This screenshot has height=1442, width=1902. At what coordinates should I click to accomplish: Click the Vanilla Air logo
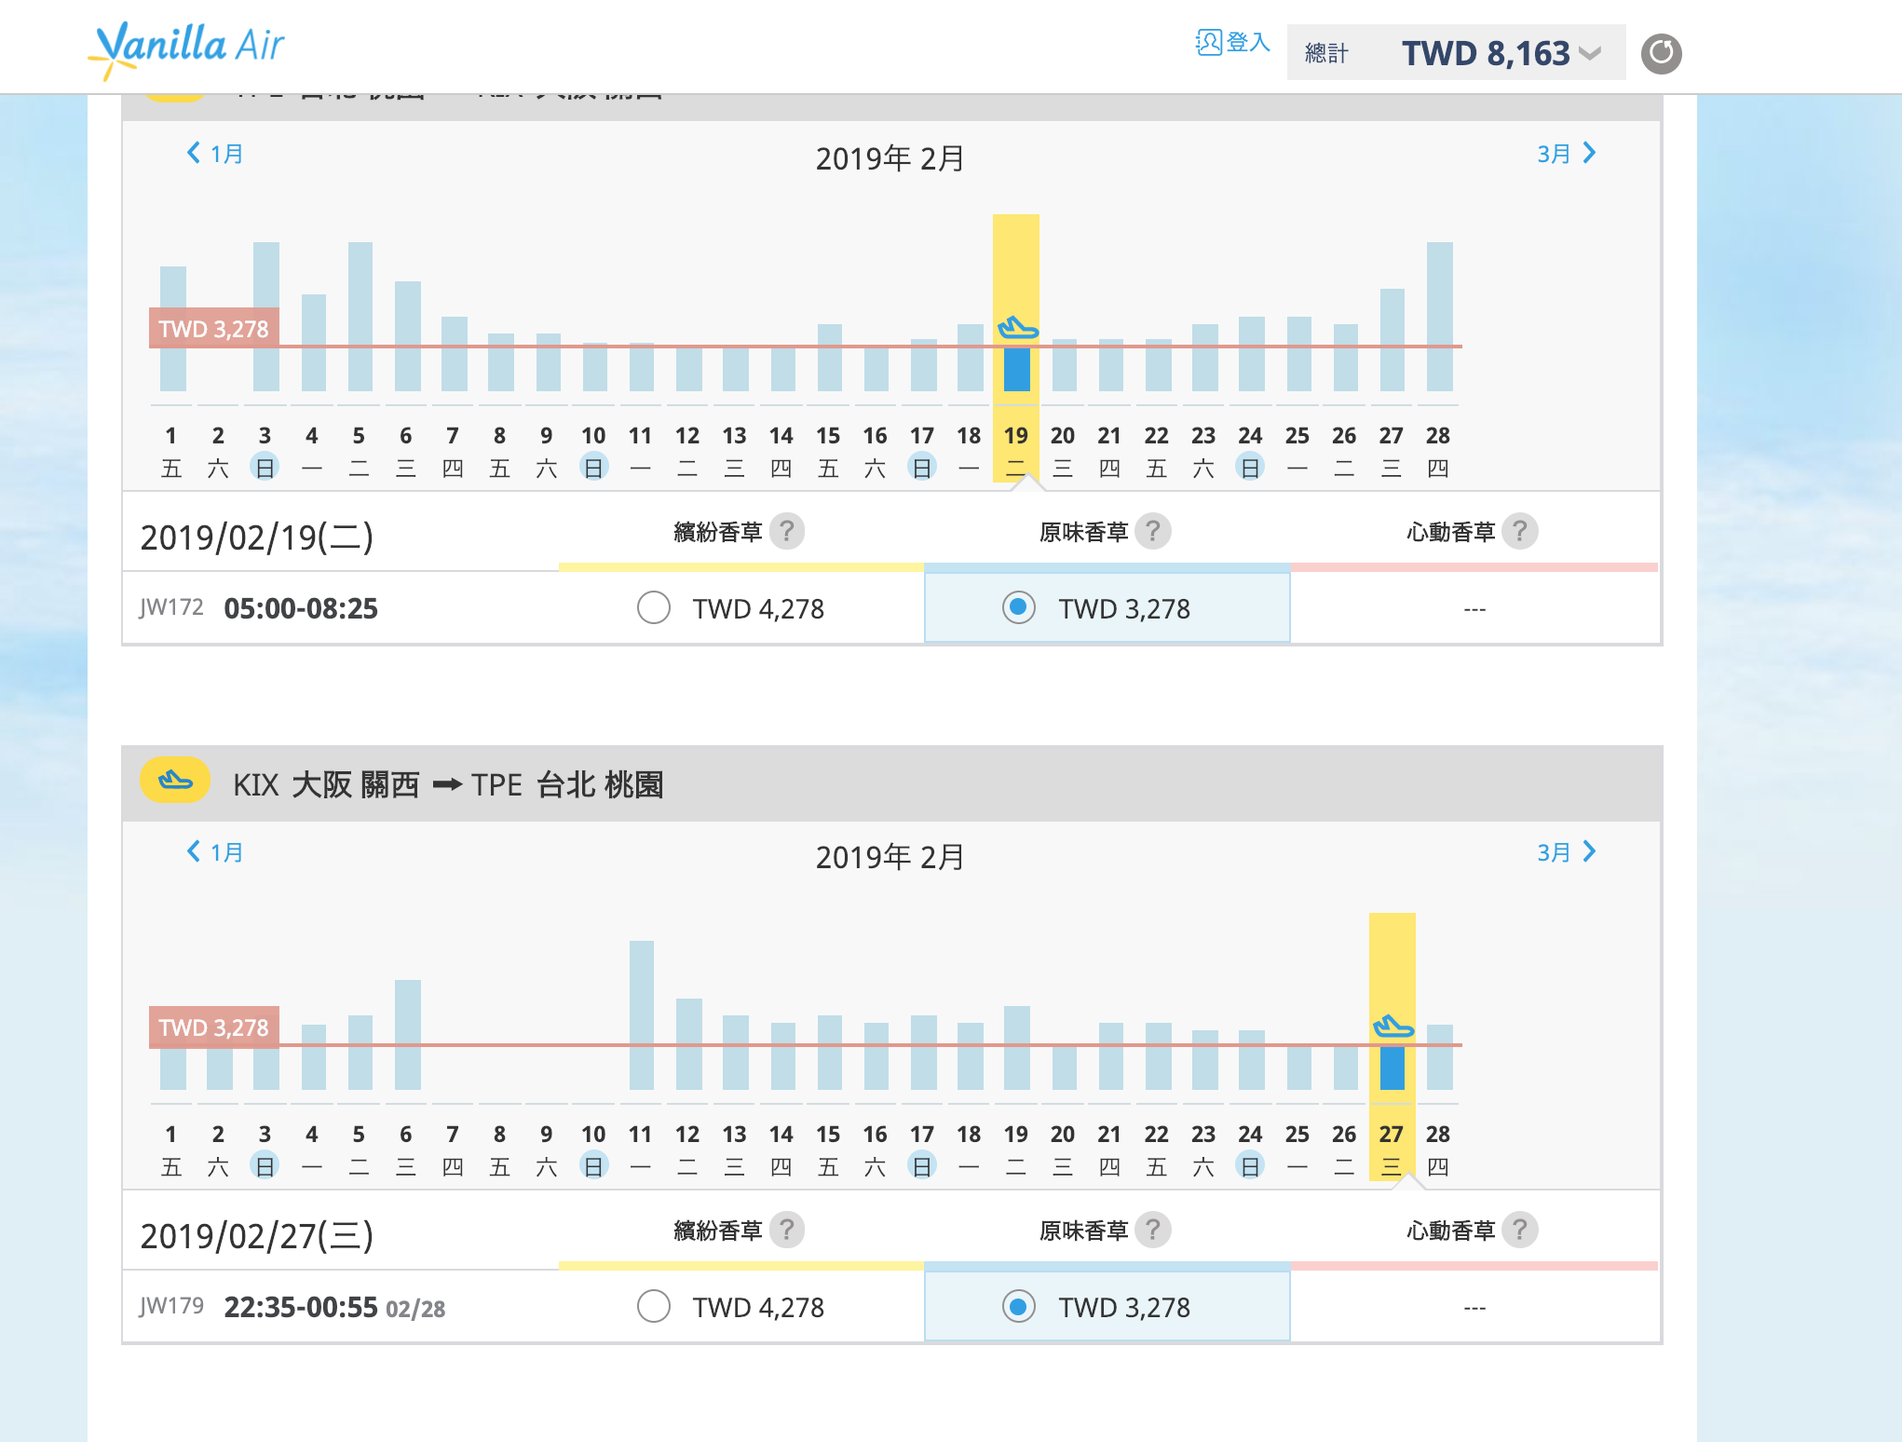click(x=186, y=48)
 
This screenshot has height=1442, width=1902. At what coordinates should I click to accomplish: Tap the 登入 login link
click(x=1233, y=43)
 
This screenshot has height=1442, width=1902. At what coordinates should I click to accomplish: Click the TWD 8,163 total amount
click(x=1486, y=54)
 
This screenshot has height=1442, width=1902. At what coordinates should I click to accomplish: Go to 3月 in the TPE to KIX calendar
click(x=1566, y=154)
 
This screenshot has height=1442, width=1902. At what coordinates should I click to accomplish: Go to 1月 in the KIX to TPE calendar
click(x=215, y=852)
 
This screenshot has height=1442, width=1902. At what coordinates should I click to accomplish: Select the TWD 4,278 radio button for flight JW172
click(x=654, y=608)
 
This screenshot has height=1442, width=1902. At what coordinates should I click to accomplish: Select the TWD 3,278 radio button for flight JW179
click(x=1019, y=1307)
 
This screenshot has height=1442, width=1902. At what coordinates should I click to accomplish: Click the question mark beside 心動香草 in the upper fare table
click(x=1520, y=531)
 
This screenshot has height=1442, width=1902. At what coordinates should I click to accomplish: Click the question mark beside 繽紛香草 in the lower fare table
click(x=787, y=1230)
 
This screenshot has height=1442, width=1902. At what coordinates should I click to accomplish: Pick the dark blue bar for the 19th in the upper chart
click(x=1016, y=369)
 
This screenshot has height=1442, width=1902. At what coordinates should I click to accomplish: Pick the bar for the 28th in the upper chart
click(x=1439, y=317)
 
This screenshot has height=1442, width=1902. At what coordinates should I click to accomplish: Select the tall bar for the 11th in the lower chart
click(x=641, y=1015)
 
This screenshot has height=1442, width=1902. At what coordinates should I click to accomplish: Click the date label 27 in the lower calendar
click(x=1391, y=1134)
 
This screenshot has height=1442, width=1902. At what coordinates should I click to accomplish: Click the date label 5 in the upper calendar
click(x=359, y=435)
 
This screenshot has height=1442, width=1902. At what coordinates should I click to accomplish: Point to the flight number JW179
click(x=171, y=1306)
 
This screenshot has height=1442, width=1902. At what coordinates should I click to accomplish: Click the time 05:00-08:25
click(x=301, y=609)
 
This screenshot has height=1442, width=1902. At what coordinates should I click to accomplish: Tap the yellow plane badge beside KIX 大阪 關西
click(x=175, y=781)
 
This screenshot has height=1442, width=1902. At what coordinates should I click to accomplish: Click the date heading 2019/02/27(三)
click(x=257, y=1236)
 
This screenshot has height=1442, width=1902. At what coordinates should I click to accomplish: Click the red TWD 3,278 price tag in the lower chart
click(x=214, y=1027)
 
